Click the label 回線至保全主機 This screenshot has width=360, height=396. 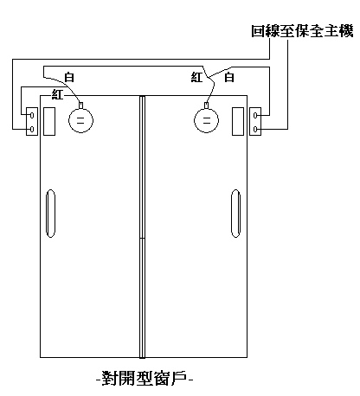(302, 31)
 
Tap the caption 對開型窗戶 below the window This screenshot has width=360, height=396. (145, 378)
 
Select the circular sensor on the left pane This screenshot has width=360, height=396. (80, 120)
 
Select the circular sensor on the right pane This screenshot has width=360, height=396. (206, 120)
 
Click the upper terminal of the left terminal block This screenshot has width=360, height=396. (32, 115)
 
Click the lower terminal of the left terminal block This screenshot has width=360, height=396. (32, 129)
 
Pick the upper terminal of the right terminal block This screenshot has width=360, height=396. (255, 115)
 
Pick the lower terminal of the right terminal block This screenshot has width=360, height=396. (255, 129)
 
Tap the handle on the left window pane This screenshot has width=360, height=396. (50, 214)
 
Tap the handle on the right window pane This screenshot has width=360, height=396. (235, 214)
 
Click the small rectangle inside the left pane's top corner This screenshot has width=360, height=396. (49, 121)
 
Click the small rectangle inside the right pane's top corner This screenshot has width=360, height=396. (238, 121)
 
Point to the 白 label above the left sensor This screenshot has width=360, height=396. (69, 77)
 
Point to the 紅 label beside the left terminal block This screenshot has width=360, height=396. (57, 94)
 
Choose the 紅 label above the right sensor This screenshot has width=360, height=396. (196, 77)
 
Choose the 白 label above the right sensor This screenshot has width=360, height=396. (229, 77)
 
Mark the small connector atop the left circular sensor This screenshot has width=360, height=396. (81, 105)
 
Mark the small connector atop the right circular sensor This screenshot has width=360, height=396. (206, 105)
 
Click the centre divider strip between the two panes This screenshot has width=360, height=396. (142, 227)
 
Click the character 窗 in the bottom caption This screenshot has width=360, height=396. (161, 378)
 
